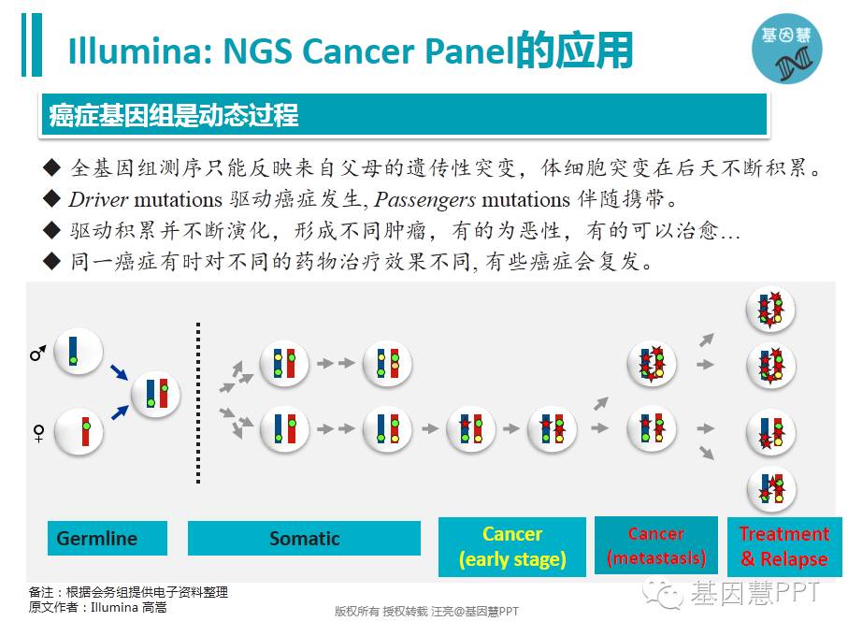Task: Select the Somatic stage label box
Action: [x=304, y=539]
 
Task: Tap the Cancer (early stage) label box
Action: [x=511, y=547]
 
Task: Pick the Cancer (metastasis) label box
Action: [x=655, y=546]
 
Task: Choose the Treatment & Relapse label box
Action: [x=783, y=547]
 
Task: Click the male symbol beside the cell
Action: [x=37, y=354]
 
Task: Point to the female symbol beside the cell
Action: [x=38, y=433]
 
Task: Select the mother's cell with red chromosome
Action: [x=79, y=431]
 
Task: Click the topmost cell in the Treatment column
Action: [x=770, y=311]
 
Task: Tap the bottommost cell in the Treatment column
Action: [x=770, y=488]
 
